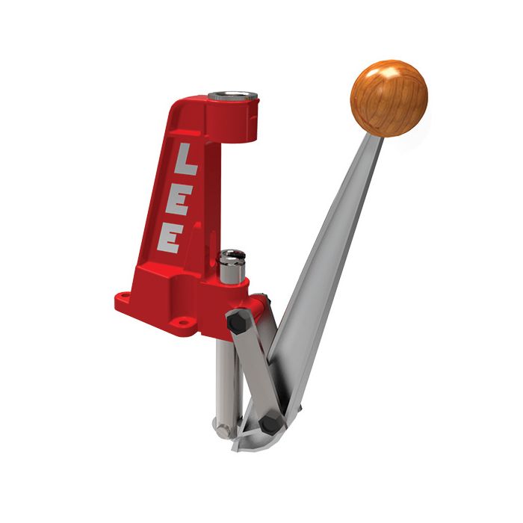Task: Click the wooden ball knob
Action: click(x=389, y=98)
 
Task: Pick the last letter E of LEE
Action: click(x=171, y=239)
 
